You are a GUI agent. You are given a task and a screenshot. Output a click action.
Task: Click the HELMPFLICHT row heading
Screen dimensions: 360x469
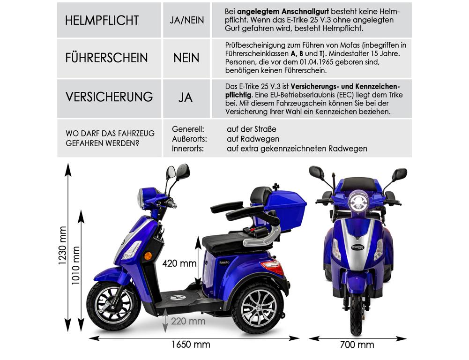[x=102, y=21]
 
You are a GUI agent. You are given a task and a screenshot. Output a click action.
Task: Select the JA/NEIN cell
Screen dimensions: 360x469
[x=186, y=21]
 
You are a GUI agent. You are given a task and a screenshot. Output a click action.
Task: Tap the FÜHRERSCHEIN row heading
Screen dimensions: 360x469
[x=106, y=58]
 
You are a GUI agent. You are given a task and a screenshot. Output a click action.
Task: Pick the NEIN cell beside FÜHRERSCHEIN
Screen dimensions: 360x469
[x=186, y=58]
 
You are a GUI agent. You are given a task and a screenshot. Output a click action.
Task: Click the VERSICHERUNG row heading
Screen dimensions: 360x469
[x=109, y=97]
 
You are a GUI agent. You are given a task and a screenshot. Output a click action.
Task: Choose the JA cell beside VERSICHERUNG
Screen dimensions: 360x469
[x=186, y=97]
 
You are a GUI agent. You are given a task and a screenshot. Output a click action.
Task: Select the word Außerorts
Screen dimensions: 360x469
[x=190, y=139]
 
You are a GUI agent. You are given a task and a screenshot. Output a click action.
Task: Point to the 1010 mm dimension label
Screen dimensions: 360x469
[x=76, y=270]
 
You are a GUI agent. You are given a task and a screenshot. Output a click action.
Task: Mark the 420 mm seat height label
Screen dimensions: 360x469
[x=179, y=263]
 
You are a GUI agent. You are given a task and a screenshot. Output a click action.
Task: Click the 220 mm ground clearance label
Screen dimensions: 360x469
[x=188, y=321]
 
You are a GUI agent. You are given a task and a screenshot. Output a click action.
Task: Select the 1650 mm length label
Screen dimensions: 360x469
[x=190, y=345]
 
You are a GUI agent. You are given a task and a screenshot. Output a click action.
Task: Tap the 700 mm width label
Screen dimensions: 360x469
[x=357, y=345]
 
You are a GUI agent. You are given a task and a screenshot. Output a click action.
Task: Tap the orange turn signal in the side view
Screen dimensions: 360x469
[x=148, y=256]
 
